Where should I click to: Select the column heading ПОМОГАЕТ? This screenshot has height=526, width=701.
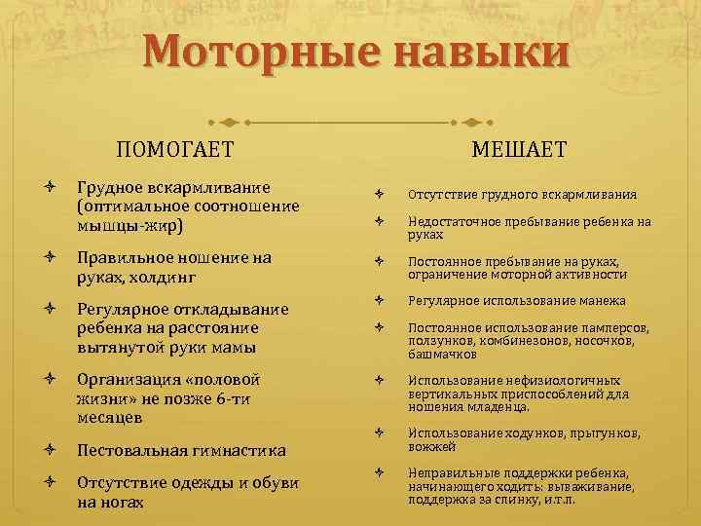coord(175,149)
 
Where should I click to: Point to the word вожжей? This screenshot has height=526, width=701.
coord(432,446)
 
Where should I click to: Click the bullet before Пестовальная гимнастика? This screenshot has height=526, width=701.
coord(49,450)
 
